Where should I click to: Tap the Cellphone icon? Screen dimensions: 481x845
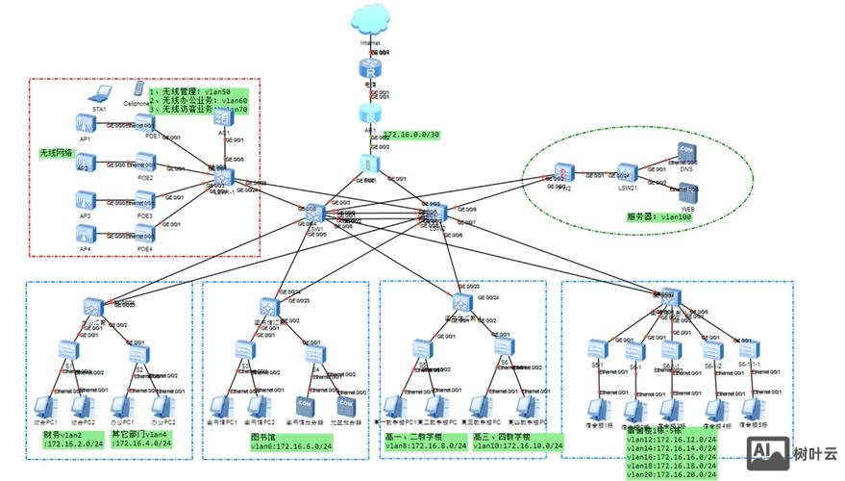138,89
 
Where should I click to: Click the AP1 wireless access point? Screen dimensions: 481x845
85,124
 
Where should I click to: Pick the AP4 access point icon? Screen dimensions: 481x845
85,235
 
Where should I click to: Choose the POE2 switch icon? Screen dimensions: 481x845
145,165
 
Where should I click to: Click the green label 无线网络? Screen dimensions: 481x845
56,152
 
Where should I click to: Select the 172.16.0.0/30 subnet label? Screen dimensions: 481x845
411,135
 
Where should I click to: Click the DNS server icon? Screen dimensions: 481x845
685,152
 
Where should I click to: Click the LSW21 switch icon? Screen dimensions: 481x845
628,173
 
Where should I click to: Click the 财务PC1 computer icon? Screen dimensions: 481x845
44,408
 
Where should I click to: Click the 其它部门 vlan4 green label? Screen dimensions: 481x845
144,439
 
